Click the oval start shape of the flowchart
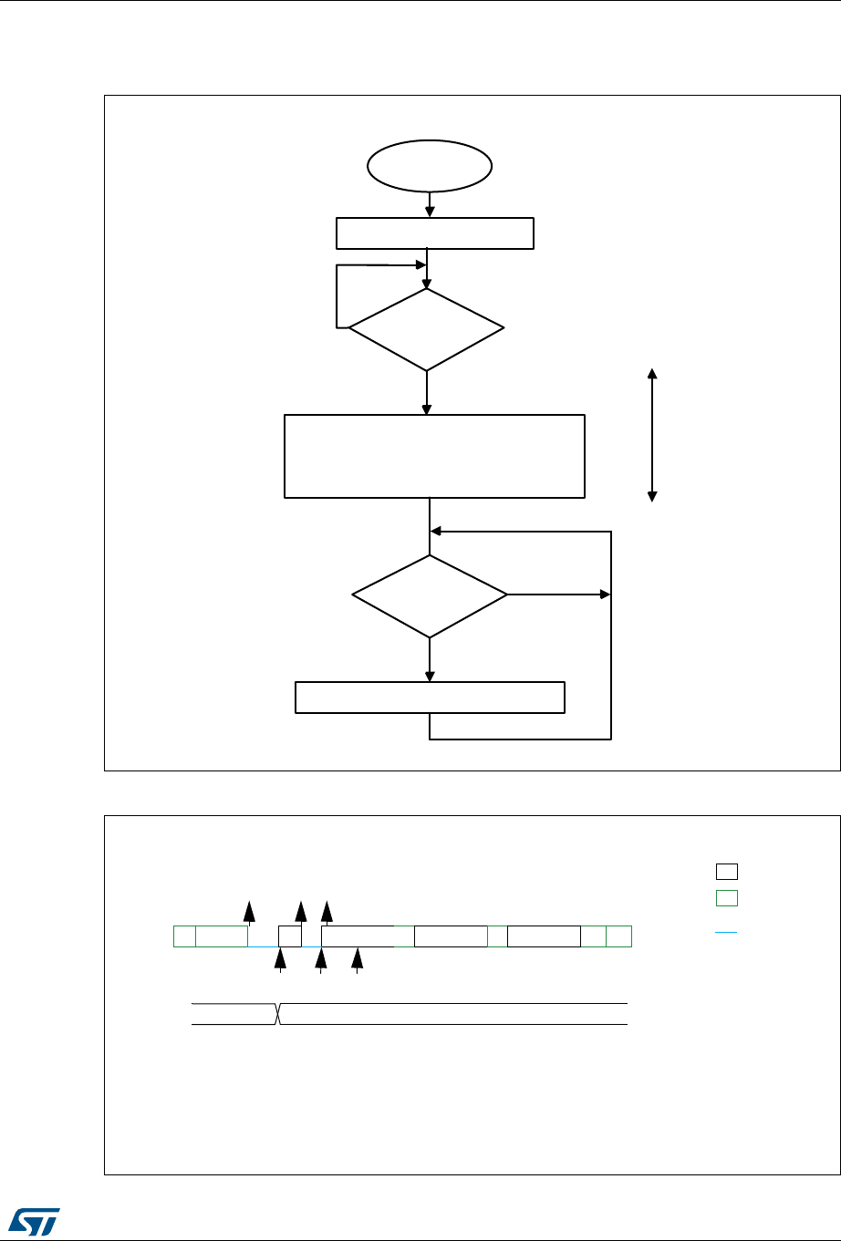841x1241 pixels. (429, 167)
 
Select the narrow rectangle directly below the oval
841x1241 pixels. (435, 233)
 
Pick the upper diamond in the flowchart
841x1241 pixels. (426, 329)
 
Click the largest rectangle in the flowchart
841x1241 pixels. (434, 456)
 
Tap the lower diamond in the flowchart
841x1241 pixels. (430, 595)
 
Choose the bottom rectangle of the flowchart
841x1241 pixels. (430, 698)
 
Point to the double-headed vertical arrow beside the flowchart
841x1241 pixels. (652, 435)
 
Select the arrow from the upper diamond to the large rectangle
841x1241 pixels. (426, 393)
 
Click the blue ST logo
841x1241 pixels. (32, 1215)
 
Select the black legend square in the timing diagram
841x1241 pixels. (725, 871)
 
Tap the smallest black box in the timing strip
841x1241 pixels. (289, 936)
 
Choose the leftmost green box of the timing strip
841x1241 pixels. (184, 936)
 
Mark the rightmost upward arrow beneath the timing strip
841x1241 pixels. (358, 959)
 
